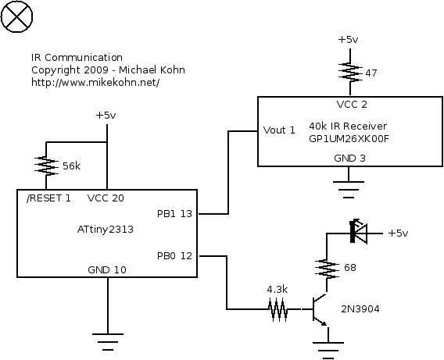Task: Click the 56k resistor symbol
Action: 46,166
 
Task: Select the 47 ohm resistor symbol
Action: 350,72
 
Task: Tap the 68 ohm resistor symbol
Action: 327,269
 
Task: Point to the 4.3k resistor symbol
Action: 278,309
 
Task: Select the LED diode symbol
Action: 359,232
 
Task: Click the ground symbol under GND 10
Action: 108,342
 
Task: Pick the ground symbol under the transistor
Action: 328,351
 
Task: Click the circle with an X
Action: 16,16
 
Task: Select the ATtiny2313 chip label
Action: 105,229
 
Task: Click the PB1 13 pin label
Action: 174,213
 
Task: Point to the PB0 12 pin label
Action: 174,256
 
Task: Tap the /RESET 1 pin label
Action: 48,198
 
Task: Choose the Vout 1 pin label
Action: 279,130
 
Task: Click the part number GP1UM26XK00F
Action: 349,139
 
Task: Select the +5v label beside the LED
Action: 398,233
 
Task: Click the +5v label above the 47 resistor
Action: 348,39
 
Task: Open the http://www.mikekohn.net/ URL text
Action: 95,83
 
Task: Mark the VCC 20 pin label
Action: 106,198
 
